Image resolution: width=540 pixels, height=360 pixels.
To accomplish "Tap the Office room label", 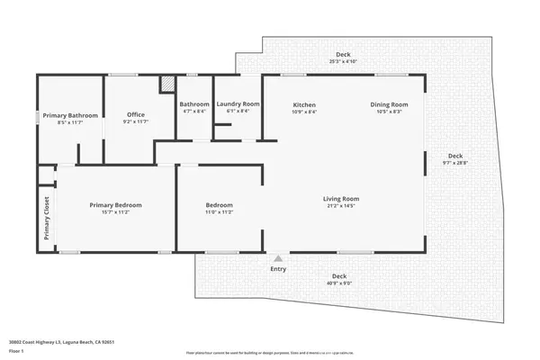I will [x=135, y=114].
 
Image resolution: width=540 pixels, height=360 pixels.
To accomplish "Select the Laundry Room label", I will [x=238, y=104].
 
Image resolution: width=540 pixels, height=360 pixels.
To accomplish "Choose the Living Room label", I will [x=342, y=198].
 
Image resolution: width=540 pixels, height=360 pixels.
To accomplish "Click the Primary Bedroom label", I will [x=115, y=205].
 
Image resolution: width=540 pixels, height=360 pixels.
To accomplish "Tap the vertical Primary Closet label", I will [x=47, y=219].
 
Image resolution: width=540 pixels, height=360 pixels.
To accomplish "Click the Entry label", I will [x=278, y=268].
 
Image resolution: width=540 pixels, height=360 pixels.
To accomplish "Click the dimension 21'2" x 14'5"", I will [x=342, y=206].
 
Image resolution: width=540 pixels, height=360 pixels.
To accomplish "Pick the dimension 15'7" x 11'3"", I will [x=115, y=213].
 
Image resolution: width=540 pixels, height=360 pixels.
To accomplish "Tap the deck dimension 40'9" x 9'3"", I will [x=339, y=283].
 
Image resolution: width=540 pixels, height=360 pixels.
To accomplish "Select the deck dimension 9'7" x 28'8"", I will [x=455, y=162].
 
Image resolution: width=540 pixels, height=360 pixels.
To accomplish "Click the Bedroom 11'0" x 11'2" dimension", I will [x=220, y=213].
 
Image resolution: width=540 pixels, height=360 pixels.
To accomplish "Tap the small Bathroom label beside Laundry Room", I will [x=194, y=104].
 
